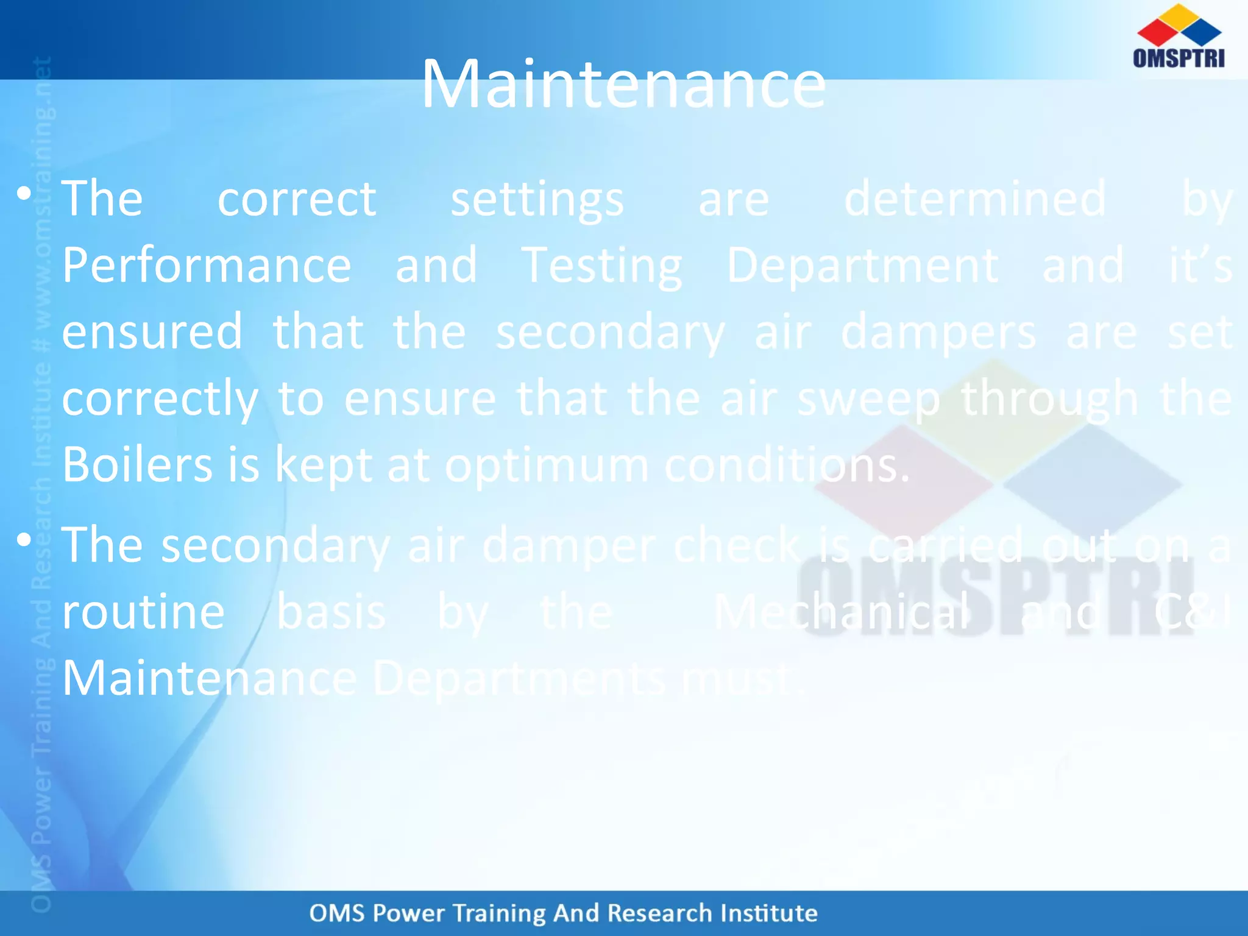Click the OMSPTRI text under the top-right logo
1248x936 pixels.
[1179, 58]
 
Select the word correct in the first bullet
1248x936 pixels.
[297, 199]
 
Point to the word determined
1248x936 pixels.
[975, 199]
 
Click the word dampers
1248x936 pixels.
[938, 333]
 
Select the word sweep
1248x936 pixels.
[868, 399]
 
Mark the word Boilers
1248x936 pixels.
[137, 465]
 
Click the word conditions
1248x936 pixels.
[786, 465]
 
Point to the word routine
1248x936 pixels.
[144, 612]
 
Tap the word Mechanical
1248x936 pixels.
[841, 612]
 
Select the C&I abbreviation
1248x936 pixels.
[1193, 612]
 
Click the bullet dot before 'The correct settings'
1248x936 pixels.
[24, 194]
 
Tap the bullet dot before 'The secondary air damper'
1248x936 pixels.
[24, 540]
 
